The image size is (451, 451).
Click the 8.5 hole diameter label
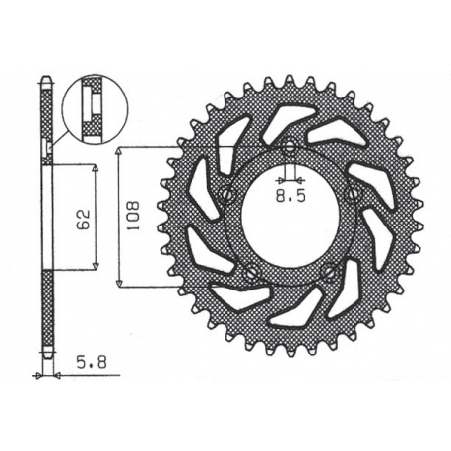point(289,195)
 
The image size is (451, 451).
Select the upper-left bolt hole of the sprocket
point(228,193)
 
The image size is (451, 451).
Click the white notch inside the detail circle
point(87,101)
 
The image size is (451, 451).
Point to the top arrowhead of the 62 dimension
point(96,168)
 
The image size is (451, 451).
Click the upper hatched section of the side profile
point(46,113)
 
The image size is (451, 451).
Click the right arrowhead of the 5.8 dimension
point(54,375)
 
